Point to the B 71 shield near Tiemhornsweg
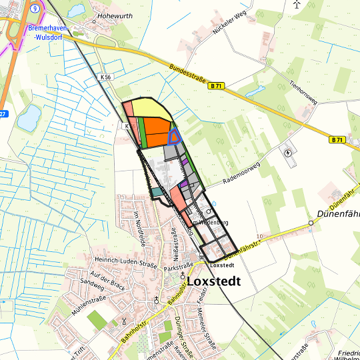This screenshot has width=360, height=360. click(337, 140)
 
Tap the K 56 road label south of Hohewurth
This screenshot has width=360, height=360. click(106, 77)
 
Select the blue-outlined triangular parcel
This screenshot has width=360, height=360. click(175, 137)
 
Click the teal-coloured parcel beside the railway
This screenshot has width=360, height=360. click(156, 192)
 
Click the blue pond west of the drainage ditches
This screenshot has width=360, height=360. click(29, 118)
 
